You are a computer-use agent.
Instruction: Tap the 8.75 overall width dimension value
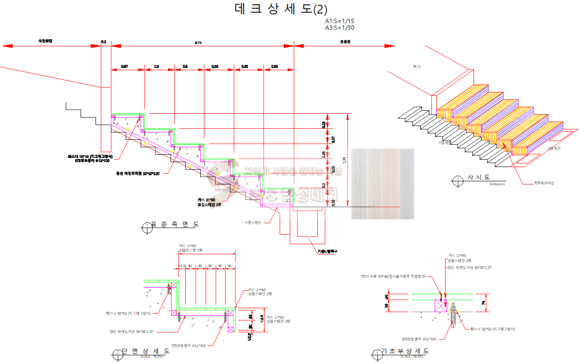coord(198,42)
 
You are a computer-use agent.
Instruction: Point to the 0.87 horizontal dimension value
coord(125,66)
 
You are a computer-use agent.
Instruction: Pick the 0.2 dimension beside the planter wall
coord(103,42)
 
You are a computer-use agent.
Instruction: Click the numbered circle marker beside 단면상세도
coord(115,354)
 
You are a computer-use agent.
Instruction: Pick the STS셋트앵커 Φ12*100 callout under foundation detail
coord(419,339)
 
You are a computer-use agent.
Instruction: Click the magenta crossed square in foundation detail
coord(441,304)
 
